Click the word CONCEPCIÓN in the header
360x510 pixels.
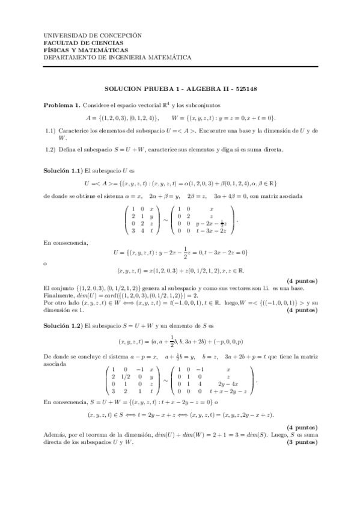[121, 35]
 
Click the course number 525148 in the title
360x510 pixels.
[245, 88]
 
